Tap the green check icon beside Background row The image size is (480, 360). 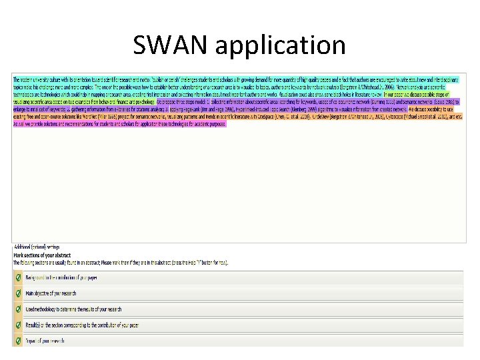click(x=18, y=277)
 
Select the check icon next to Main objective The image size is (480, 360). click(x=18, y=293)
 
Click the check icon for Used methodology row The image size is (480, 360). click(x=18, y=309)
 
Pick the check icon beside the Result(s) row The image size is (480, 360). click(x=18, y=325)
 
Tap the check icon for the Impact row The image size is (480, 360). click(x=18, y=341)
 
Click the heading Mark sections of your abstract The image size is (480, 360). click(x=40, y=255)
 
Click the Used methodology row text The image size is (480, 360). click(x=73, y=309)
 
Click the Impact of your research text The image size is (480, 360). click(x=45, y=341)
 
